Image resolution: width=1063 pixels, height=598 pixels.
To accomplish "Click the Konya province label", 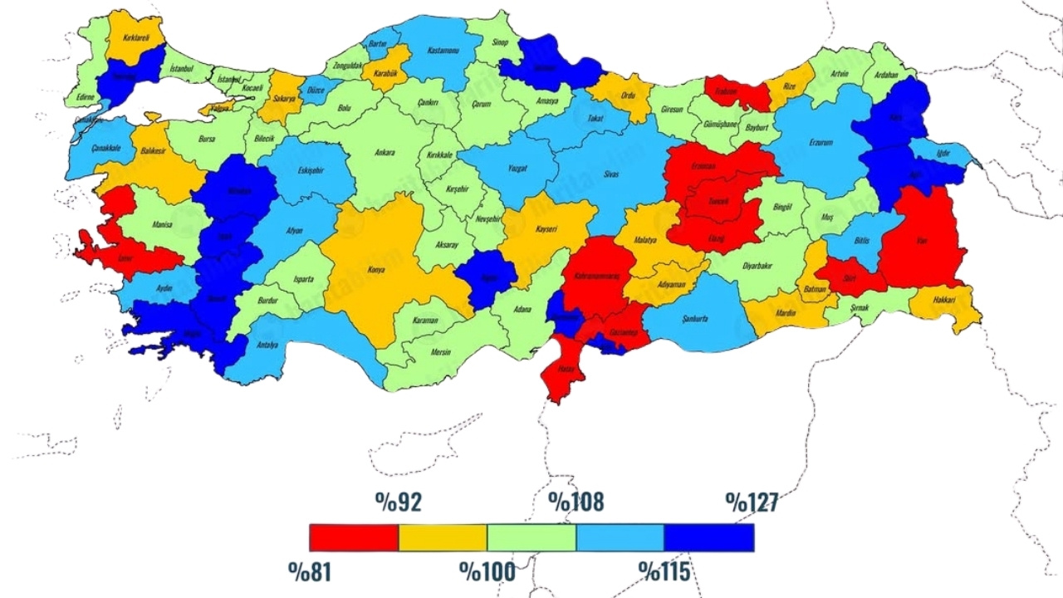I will pos(376,271).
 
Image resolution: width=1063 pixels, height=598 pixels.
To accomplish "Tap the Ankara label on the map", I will pos(385,153).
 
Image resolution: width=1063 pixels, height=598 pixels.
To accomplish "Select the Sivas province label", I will pos(611,174).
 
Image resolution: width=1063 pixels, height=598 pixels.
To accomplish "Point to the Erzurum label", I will pos(821,142).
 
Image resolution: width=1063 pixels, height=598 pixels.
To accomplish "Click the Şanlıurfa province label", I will pos(693,318).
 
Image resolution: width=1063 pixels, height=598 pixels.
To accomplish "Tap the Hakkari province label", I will pos(946,301).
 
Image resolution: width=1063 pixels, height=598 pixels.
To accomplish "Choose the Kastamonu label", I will pos(443,51).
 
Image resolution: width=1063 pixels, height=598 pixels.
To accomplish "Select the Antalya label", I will pos(267,345).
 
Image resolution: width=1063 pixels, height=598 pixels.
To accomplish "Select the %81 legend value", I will pos(311,571).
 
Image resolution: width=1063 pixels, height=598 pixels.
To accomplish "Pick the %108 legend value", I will pos(576,502).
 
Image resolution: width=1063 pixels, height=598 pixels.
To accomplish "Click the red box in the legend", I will pos(354,537).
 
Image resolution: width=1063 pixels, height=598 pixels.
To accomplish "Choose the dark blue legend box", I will pos(708,537).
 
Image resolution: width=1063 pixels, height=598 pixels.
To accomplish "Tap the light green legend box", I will pos(531,537).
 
